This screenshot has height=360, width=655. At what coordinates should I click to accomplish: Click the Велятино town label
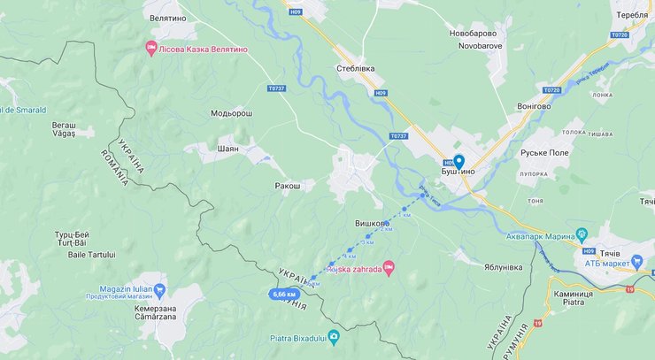(168, 16)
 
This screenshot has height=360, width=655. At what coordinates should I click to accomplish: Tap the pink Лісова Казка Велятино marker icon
(150, 48)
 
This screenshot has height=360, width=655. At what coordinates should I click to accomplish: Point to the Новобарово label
(479, 34)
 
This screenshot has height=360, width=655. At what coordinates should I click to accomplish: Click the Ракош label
(288, 186)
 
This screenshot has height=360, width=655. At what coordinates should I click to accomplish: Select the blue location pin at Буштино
(458, 162)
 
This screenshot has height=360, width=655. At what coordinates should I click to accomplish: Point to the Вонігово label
(534, 106)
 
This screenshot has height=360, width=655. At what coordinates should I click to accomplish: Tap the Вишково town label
(373, 224)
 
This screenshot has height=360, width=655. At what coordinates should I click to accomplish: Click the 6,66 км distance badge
(284, 294)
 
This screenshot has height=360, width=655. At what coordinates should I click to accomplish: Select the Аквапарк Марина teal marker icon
(582, 234)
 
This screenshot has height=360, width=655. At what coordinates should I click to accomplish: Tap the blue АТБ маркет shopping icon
(637, 261)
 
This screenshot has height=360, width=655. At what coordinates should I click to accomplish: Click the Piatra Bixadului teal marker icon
(334, 336)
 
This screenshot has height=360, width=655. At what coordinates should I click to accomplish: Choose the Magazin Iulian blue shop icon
(159, 289)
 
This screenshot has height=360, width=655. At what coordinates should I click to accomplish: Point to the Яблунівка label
(509, 266)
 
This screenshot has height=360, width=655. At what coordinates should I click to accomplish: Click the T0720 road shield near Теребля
(619, 34)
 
